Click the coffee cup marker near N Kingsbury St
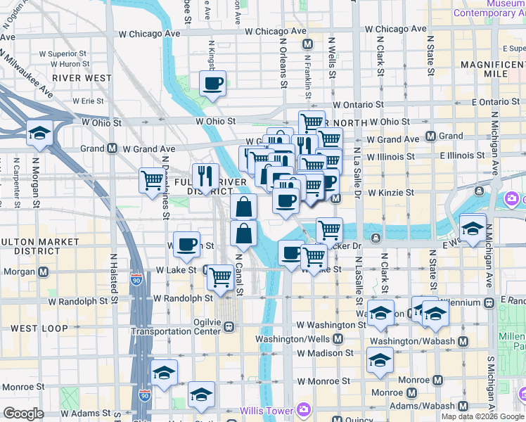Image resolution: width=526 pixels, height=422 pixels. [x=212, y=84]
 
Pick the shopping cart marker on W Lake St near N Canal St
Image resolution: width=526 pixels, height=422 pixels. [x=221, y=276]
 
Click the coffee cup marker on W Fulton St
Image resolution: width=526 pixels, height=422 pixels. [x=186, y=245]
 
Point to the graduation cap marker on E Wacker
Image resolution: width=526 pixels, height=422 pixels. [x=473, y=228]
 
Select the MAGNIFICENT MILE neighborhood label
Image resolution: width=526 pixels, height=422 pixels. [x=494, y=69]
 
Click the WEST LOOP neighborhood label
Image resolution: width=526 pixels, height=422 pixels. [x=34, y=328]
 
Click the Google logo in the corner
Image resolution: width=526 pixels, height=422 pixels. [x=23, y=414]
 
